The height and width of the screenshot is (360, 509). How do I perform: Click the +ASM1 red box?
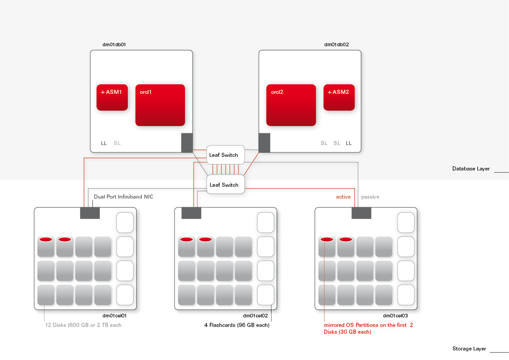point(112,97)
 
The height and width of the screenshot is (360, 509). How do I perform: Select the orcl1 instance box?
point(160,105)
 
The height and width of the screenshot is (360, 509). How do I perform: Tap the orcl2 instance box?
point(291,105)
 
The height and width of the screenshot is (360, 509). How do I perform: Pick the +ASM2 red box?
point(339,97)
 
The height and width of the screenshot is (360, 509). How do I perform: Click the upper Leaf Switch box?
point(225,155)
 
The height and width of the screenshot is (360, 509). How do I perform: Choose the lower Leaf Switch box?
point(225,185)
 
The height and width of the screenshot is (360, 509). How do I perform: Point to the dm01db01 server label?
point(114,44)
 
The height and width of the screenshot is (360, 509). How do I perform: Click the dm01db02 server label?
point(336,44)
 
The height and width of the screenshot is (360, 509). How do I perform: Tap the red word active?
point(343,197)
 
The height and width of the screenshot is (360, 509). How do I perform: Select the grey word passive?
point(370,197)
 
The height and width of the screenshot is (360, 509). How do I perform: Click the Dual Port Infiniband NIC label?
point(124,197)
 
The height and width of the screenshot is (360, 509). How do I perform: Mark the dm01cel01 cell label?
point(114,316)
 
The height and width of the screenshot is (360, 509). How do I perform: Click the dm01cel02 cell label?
point(255,316)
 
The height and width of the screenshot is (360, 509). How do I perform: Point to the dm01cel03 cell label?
point(395,316)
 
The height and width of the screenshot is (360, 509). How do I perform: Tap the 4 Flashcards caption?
point(237,325)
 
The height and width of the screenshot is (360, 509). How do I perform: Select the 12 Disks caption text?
point(83,325)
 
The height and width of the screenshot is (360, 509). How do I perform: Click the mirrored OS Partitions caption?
point(368,328)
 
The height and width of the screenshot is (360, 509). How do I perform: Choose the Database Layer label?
point(471,169)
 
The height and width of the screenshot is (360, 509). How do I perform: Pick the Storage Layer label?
point(469,349)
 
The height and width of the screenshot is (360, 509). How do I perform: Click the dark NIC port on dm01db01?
point(187,143)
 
